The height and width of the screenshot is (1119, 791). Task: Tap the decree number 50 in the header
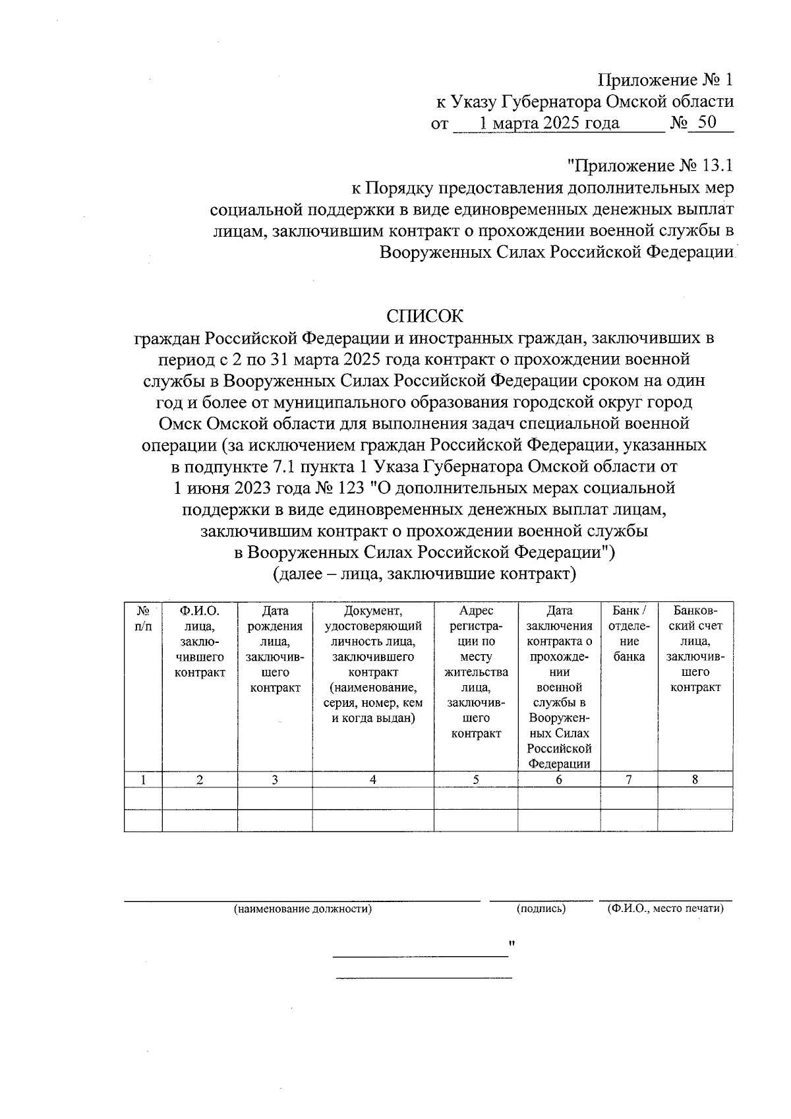707,123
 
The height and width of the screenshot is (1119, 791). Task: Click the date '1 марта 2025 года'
549,123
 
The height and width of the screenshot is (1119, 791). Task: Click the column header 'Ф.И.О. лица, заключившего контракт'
200,641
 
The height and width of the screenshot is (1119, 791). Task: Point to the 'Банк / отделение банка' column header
629,634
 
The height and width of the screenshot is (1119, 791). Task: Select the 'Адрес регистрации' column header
476,672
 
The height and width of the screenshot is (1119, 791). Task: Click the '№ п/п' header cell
143,619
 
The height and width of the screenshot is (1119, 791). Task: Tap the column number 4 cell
373,779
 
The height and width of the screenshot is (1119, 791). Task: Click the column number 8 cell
695,779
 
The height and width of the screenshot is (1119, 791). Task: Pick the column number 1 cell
143,779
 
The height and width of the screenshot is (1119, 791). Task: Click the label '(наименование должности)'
303,909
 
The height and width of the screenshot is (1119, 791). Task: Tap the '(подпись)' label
541,909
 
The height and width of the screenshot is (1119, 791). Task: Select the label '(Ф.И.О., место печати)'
665,909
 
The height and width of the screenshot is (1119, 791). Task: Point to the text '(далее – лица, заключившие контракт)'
425,574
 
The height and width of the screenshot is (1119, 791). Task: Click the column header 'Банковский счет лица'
695,649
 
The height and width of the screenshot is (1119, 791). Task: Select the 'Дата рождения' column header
275,649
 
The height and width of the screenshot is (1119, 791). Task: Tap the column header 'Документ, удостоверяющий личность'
373,664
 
